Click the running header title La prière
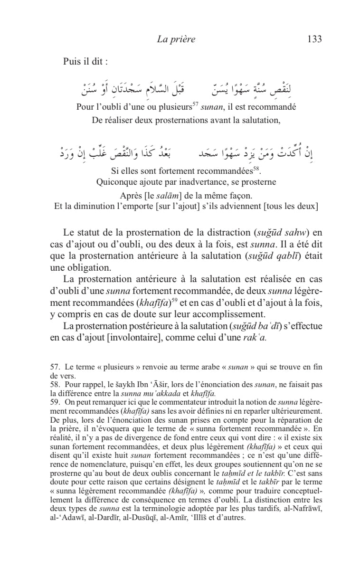coord(176,39)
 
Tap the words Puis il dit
coord(85,62)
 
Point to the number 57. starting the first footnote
coord(55,367)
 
